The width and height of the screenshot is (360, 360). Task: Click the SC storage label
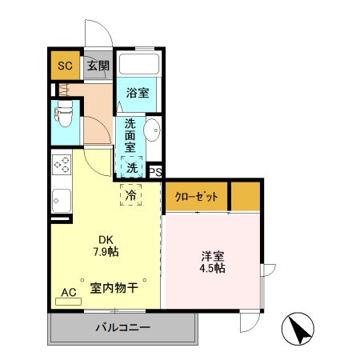(64, 66)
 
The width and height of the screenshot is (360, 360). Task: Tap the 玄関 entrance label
(98, 66)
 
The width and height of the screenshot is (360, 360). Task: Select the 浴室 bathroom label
(138, 93)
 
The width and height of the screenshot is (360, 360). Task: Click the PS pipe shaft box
(156, 170)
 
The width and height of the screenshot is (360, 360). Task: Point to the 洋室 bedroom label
(213, 256)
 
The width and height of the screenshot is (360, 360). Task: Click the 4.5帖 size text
(213, 269)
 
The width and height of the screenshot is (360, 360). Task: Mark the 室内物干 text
(116, 288)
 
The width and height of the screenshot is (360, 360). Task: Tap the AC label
(70, 293)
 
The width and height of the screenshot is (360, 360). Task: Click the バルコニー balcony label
(124, 327)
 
